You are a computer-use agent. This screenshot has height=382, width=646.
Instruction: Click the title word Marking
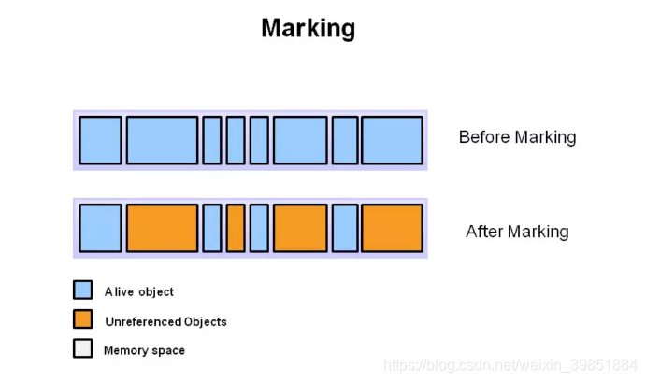point(308,28)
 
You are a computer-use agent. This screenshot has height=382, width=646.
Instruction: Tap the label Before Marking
point(517,137)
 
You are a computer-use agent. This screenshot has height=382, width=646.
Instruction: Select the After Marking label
point(517,231)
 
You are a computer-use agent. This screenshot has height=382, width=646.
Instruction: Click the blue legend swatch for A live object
point(83,290)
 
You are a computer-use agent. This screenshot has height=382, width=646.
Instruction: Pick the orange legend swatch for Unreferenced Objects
point(83,319)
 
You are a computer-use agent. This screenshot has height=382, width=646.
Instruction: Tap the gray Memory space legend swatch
point(83,349)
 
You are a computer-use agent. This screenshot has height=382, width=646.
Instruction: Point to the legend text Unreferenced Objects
point(165,321)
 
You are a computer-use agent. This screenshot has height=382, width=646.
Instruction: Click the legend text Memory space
point(144,350)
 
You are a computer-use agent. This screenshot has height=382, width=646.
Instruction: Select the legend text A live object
point(138,292)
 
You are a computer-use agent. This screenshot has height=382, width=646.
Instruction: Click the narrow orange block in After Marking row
point(236,229)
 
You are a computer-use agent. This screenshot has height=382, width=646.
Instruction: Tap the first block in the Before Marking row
point(100,140)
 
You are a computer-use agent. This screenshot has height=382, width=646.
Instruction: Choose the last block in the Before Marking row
point(392,140)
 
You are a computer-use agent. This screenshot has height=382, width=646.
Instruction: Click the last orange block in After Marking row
point(392,229)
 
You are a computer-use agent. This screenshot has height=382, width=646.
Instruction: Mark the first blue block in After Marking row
point(100,229)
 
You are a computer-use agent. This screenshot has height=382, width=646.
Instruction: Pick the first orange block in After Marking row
point(162,229)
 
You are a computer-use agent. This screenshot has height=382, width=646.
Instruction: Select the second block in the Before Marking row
point(162,140)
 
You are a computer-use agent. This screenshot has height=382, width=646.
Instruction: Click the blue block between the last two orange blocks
point(344,229)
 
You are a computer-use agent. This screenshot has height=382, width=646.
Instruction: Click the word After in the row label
point(485,231)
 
